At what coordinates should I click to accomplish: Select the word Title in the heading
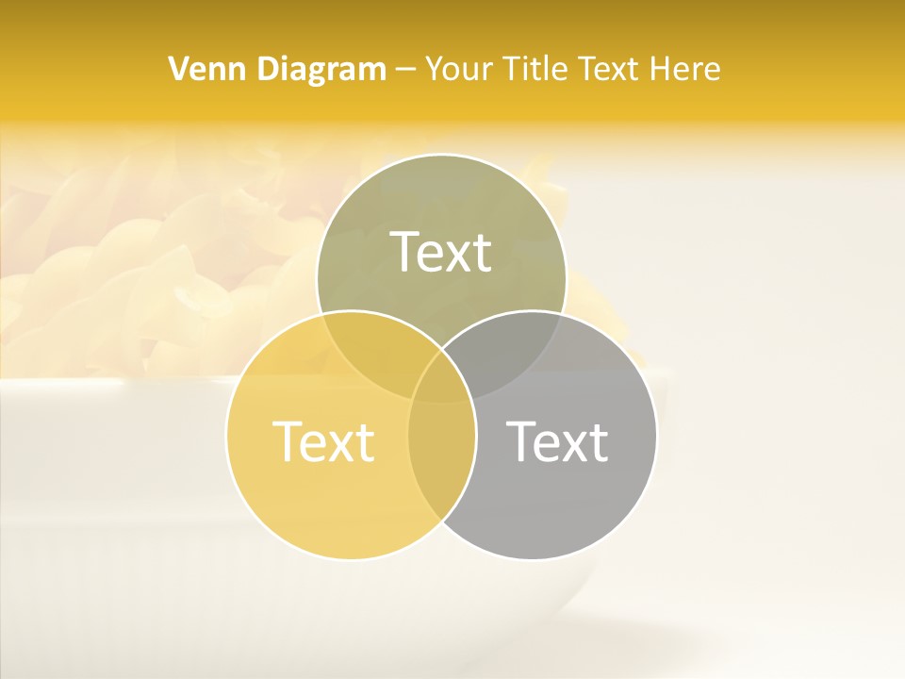537,69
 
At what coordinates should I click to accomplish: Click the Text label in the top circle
441,252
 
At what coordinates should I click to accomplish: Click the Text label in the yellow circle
323,441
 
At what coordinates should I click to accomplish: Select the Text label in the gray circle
557,441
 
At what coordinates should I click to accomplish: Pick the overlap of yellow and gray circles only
441,462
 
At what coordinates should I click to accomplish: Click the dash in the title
406,70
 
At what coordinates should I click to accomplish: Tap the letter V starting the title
178,69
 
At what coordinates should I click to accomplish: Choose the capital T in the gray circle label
521,440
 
